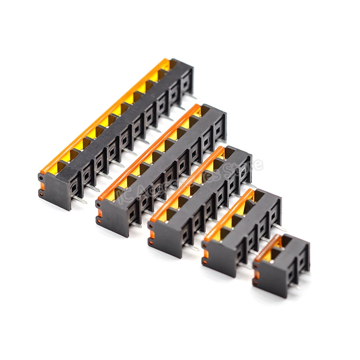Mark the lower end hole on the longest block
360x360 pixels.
[41, 194]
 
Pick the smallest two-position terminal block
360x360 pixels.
[281, 265]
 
